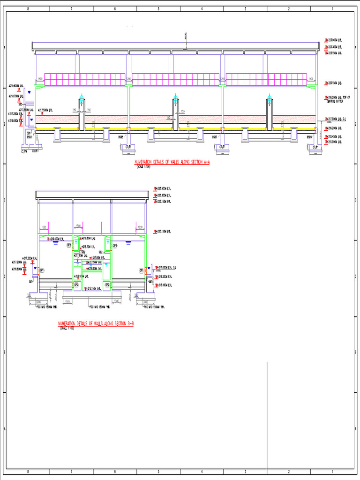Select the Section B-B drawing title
click(96, 323)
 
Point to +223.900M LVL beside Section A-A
click(335, 41)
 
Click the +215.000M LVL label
click(335, 142)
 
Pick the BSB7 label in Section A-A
click(214, 137)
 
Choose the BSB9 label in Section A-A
click(309, 137)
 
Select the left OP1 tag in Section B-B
click(42, 270)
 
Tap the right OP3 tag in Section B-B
click(114, 245)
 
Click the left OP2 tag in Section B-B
click(76, 285)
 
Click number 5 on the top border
click(158, 9)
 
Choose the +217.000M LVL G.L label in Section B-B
click(167, 267)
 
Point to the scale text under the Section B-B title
click(67, 328)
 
